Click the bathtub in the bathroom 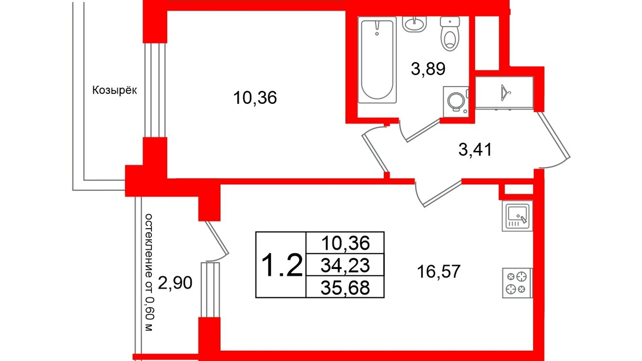pos(377,60)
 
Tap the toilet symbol pos(450,34)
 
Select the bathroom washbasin pos(414,24)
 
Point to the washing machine pos(455,102)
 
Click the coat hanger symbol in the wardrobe pos(505,93)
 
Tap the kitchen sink pos(517,216)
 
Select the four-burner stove pos(517,283)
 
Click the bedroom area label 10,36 pos(255,98)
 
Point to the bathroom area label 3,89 pos(428,69)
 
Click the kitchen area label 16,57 pos(438,271)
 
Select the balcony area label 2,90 pos(175,283)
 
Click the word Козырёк pos(114,90)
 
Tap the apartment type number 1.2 pos(282,265)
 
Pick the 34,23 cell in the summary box pos(345,265)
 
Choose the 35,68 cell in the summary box pos(345,287)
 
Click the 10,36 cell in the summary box pos(345,243)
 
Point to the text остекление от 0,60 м pos(149,272)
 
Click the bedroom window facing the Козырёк pos(155,90)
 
